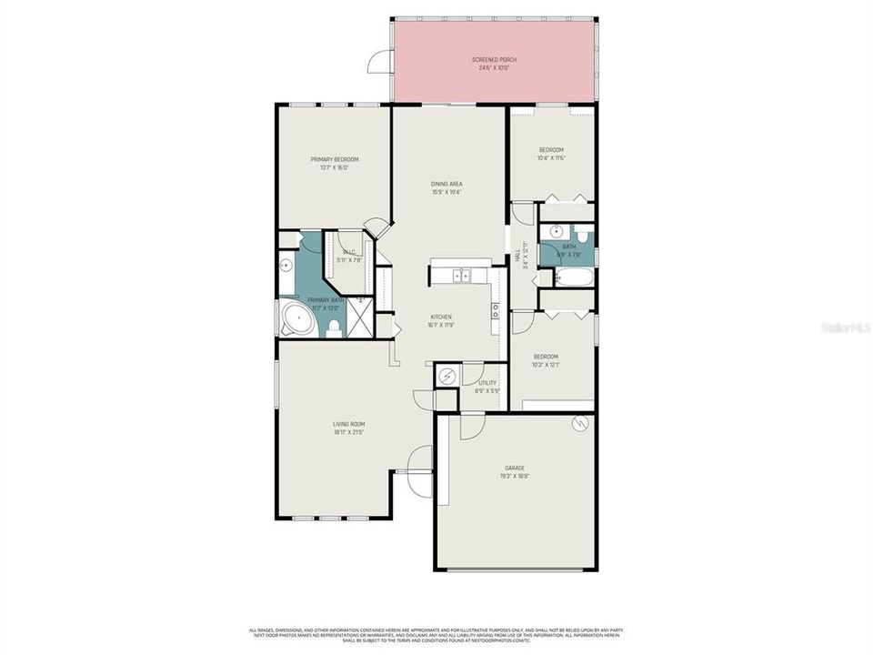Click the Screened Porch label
pyautogui.click(x=495, y=59)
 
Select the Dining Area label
pyautogui.click(x=447, y=184)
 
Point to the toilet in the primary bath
pyautogui.click(x=334, y=327)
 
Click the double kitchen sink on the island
pyautogui.click(x=462, y=274)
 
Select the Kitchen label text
pyautogui.click(x=441, y=317)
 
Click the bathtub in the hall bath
pyautogui.click(x=574, y=277)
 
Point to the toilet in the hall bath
pyautogui.click(x=583, y=236)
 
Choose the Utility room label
pyautogui.click(x=488, y=383)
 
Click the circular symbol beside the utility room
pyautogui.click(x=447, y=375)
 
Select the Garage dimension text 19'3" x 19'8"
pyautogui.click(x=515, y=476)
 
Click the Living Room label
pyautogui.click(x=349, y=424)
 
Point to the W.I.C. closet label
pyautogui.click(x=349, y=252)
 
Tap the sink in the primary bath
pyautogui.click(x=286, y=266)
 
